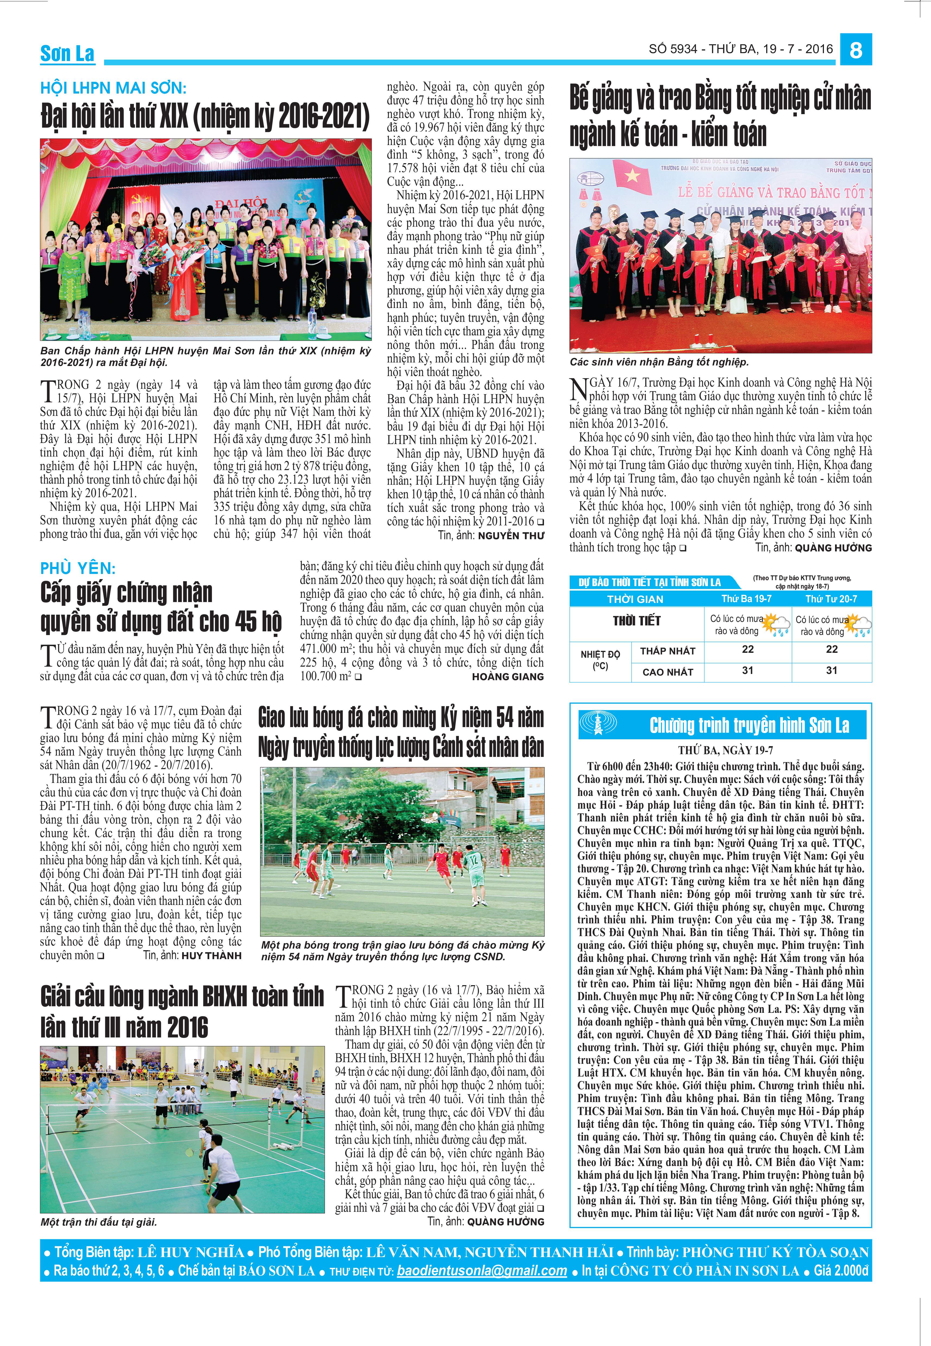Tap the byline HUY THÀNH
[x=211, y=956]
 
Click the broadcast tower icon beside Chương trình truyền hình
[x=597, y=725]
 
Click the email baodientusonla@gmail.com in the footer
[x=481, y=1271]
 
